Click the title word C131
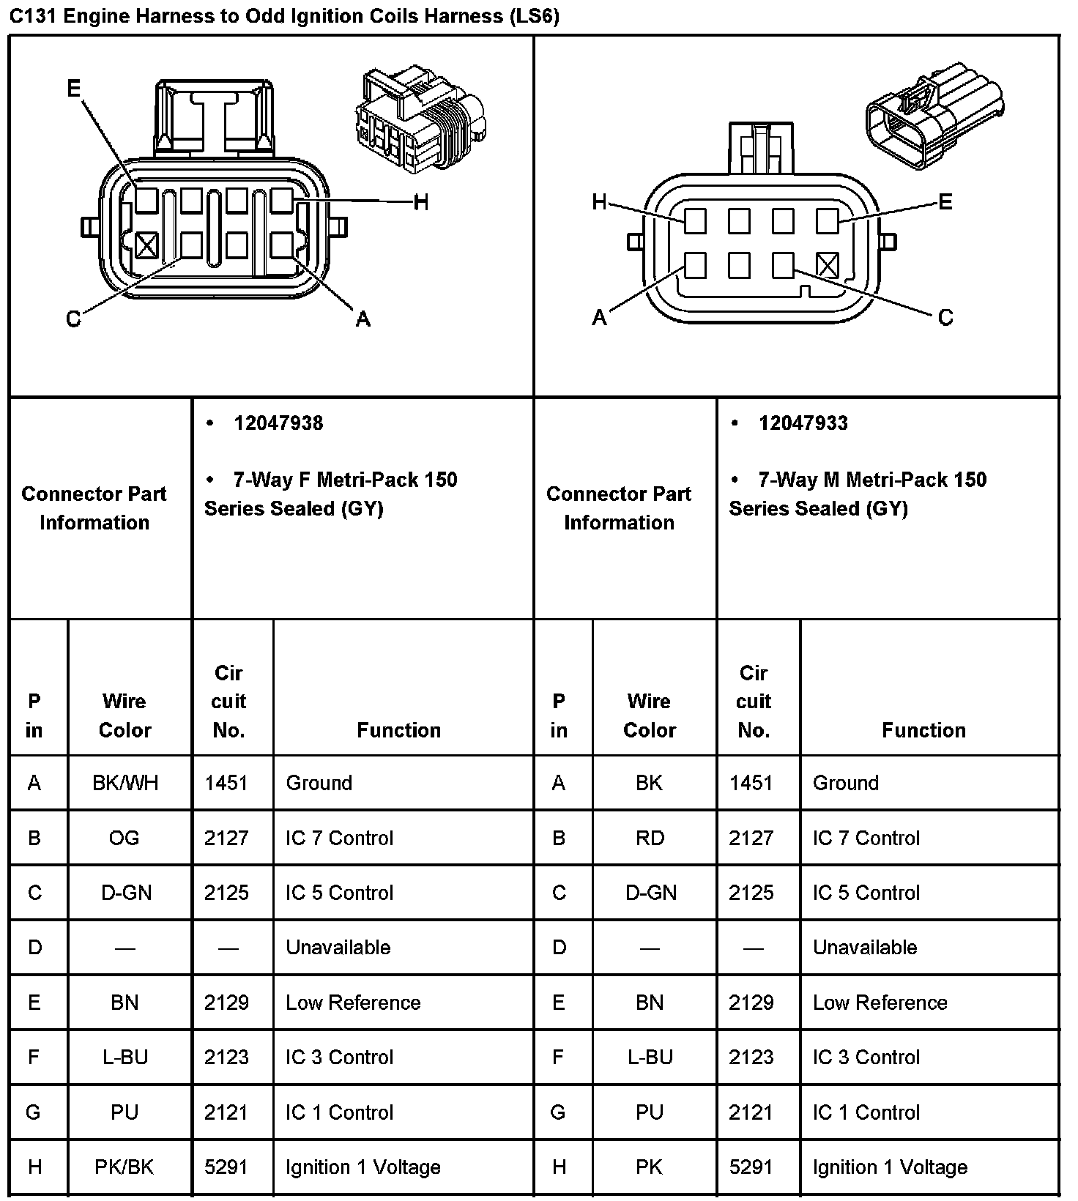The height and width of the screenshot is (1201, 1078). (33, 16)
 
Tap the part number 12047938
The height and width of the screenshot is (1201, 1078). (278, 423)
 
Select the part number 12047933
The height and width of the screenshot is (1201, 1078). (803, 423)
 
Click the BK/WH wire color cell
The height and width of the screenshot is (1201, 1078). (125, 783)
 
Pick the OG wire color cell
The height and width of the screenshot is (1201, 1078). (124, 838)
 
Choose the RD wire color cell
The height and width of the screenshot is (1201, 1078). (650, 838)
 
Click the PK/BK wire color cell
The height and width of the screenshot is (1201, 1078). (124, 1167)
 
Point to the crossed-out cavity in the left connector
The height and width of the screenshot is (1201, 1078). (146, 245)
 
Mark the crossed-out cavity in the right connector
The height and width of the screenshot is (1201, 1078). (827, 265)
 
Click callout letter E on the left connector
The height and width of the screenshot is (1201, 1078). (74, 89)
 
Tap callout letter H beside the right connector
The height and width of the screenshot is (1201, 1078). (599, 202)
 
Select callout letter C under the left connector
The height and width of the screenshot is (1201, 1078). (73, 320)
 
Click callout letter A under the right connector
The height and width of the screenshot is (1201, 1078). (599, 318)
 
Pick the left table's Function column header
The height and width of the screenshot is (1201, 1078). (398, 730)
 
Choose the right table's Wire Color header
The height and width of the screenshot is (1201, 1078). (649, 715)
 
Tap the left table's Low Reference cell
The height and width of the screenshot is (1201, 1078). (353, 1003)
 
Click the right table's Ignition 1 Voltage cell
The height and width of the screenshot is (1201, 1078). (890, 1167)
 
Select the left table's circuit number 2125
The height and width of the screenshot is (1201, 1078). (226, 893)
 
